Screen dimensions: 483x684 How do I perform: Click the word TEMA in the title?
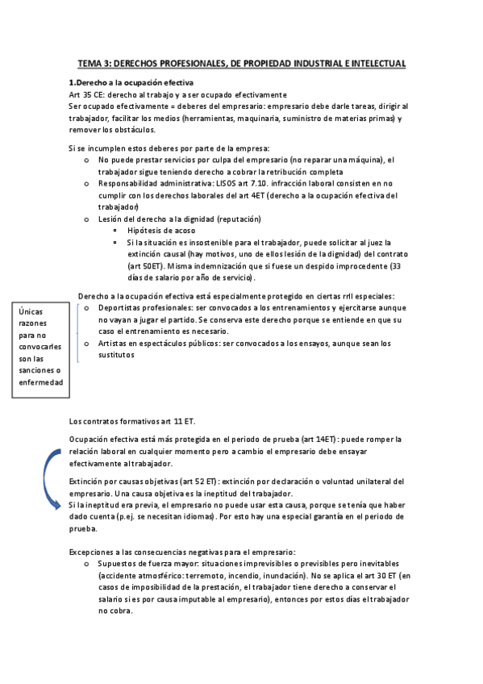tap(90, 63)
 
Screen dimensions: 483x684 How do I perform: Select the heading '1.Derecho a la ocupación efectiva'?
tap(131, 83)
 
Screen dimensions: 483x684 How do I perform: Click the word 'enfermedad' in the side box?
tap(42, 383)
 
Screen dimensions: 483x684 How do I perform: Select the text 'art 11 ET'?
tap(177, 421)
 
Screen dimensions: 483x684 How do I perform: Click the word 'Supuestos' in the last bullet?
tap(119, 564)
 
